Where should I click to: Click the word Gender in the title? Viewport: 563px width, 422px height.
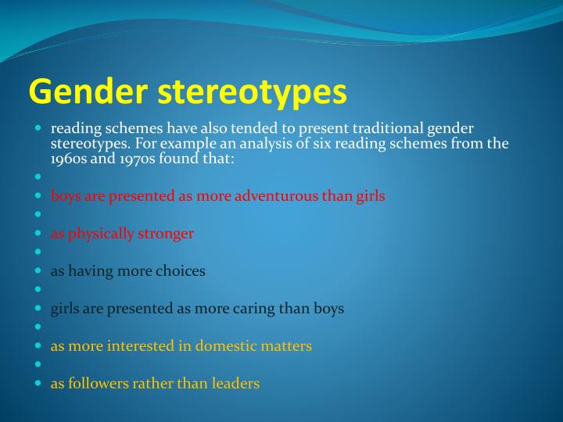(88, 91)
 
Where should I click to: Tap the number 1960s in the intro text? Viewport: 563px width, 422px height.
(69, 159)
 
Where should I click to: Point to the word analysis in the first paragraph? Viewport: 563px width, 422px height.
(261, 145)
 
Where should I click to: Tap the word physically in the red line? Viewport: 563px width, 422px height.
(101, 234)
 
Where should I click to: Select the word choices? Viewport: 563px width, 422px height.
(181, 271)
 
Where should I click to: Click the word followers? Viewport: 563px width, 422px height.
(99, 383)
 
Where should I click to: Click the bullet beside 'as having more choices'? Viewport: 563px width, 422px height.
(38, 270)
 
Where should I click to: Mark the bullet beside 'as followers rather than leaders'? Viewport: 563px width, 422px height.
(38, 383)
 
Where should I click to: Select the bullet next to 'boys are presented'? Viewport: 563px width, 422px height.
(38, 195)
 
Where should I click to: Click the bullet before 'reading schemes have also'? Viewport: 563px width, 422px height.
(38, 127)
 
